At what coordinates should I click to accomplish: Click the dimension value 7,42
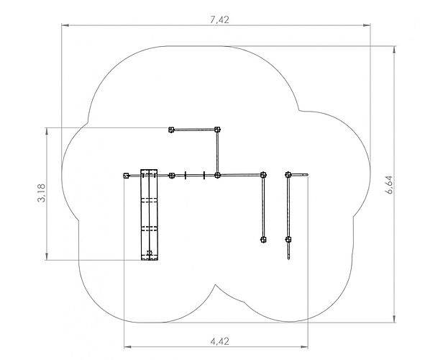pos(219,19)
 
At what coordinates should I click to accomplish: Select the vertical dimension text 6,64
pos(389,185)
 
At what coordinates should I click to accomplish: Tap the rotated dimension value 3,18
pos(41,193)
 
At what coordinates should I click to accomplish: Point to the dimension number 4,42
pos(219,341)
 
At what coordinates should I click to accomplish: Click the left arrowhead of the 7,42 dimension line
pos(65,25)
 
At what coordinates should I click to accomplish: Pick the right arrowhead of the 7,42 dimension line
pos(367,25)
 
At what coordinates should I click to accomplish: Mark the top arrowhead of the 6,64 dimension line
pos(394,50)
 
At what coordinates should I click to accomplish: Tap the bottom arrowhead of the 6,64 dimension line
pos(394,319)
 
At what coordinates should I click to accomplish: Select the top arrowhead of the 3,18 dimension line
pos(47,132)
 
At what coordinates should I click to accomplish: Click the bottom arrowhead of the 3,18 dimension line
pos(47,256)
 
